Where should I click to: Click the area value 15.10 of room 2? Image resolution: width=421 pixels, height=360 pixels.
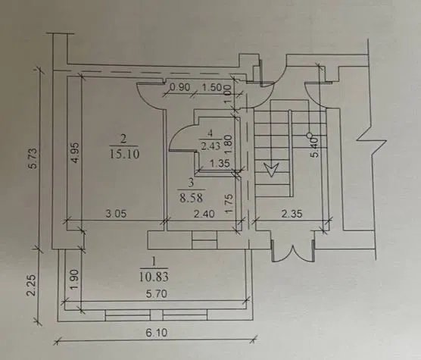(124, 154)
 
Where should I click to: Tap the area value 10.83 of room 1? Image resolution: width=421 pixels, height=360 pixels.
(154, 277)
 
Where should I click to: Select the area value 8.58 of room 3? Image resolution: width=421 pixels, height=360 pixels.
(191, 198)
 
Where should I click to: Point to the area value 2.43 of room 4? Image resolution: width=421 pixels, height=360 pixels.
(210, 146)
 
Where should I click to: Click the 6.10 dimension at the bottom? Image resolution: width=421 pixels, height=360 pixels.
(157, 333)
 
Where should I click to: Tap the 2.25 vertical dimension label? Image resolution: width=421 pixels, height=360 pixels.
(32, 285)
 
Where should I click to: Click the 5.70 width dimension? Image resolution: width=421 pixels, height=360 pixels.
(157, 294)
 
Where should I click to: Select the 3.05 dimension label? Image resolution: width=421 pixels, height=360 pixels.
(116, 214)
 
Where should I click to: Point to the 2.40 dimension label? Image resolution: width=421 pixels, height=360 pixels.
(204, 214)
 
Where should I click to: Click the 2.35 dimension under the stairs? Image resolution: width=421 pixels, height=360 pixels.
(292, 214)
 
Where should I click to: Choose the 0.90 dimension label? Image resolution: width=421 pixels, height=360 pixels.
(180, 87)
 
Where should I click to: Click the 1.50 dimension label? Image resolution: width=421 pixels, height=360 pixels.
(211, 87)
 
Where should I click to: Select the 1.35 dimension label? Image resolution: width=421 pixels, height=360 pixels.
(220, 164)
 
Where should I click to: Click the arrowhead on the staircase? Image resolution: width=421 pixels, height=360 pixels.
(271, 169)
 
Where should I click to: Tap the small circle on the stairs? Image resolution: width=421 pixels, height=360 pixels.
(309, 135)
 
